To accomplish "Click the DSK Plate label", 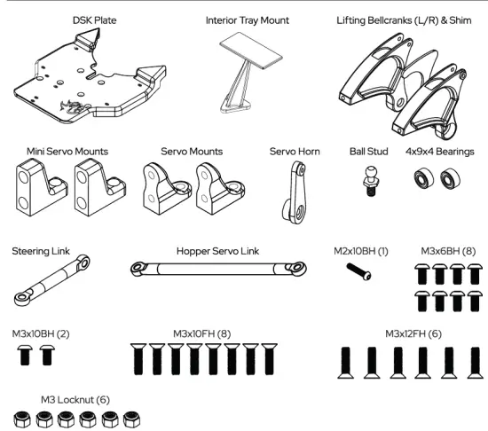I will [95, 19].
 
